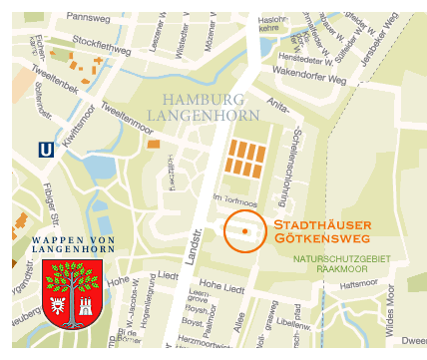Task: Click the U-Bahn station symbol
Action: (45, 149)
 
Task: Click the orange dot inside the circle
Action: (244, 231)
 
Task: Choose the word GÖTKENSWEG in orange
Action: (316, 240)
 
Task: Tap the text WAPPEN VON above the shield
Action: (73, 239)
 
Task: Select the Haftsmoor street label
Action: (359, 284)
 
